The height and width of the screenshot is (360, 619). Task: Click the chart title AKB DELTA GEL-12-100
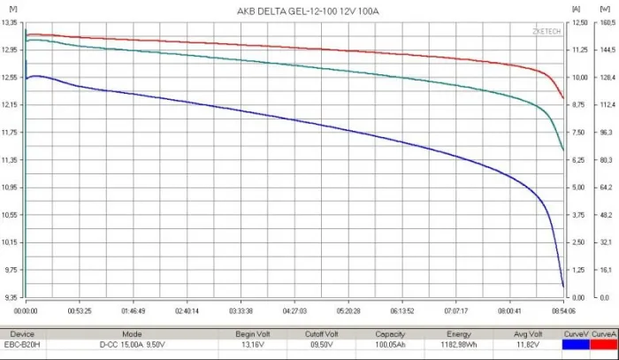coord(300,10)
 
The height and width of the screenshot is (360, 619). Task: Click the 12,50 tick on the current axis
coord(579,23)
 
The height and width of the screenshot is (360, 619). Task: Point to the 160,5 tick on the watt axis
coord(607,23)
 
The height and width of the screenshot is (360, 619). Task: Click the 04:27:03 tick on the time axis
coord(294,311)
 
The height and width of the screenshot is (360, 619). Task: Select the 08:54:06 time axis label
coord(563,311)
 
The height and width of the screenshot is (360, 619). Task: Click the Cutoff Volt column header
coord(321,333)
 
